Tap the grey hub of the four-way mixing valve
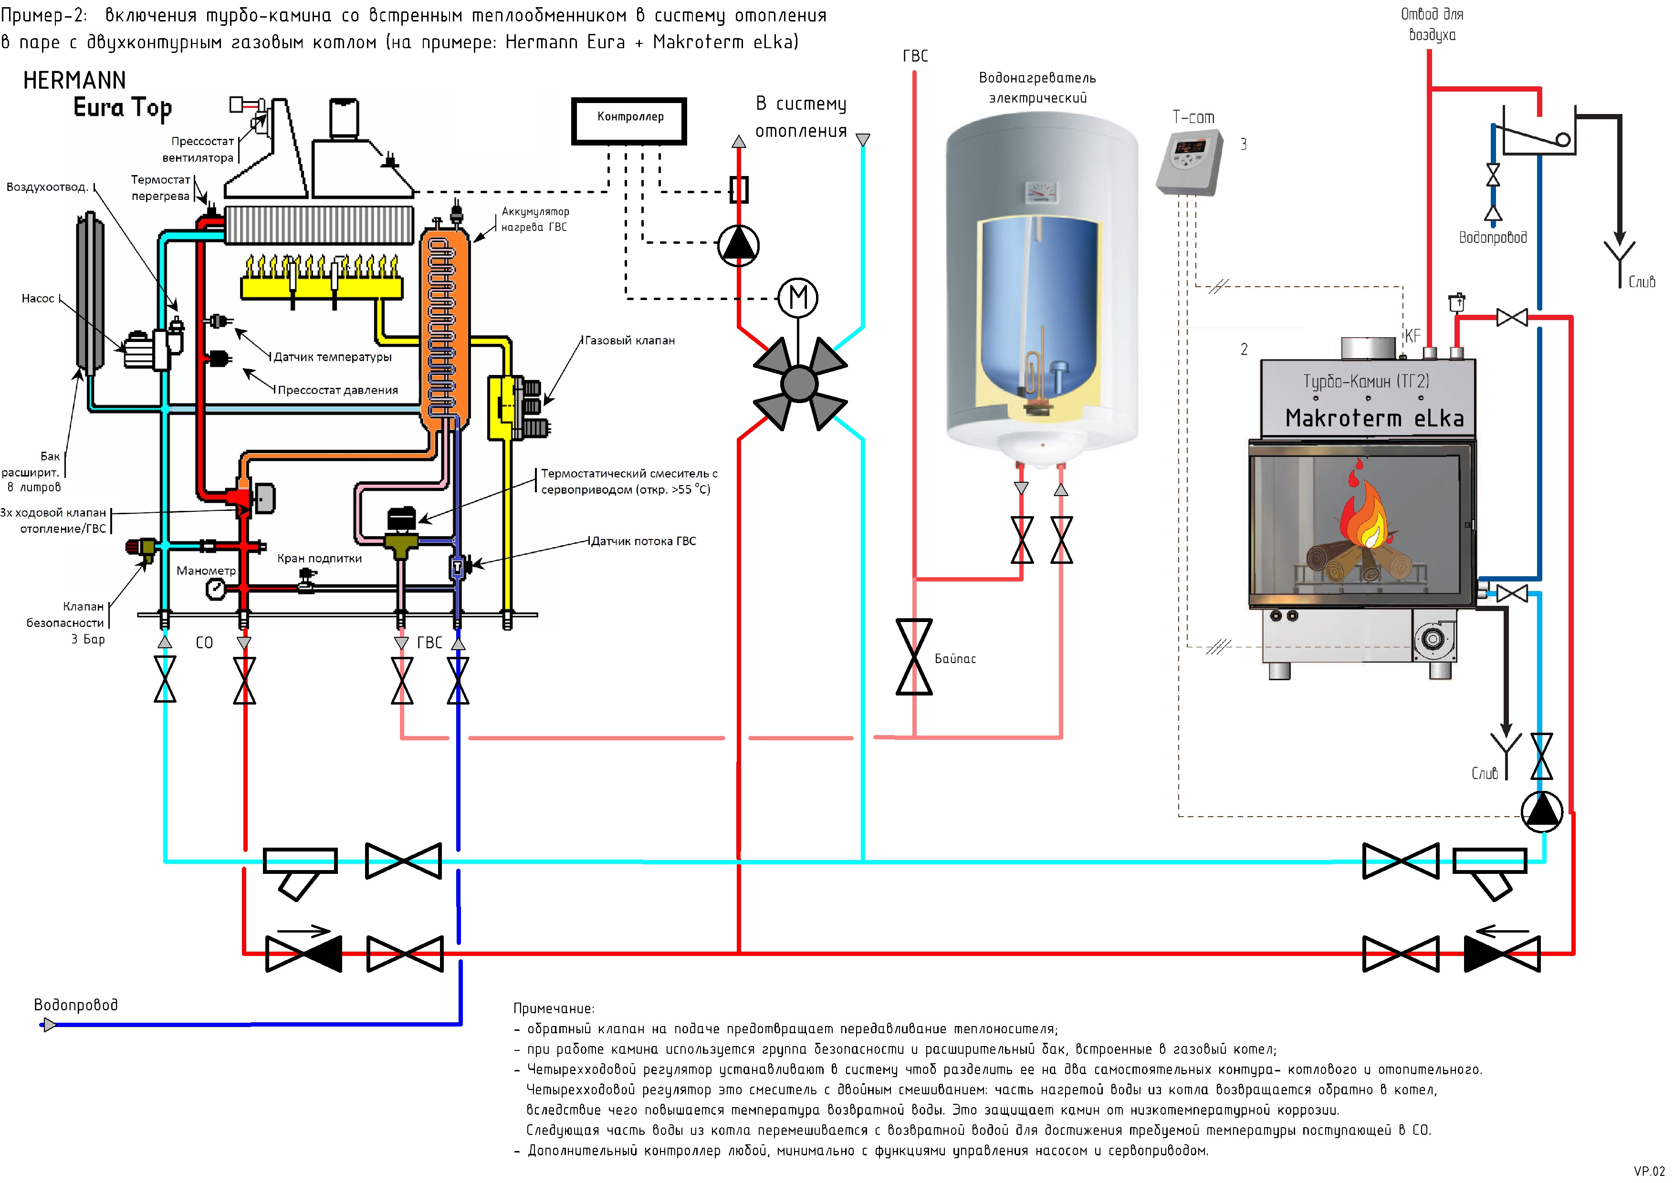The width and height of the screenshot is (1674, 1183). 800,384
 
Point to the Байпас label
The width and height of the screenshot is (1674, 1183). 955,659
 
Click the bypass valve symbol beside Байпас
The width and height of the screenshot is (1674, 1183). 914,657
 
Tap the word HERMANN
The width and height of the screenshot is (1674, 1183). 74,80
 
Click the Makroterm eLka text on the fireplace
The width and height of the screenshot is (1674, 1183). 1374,418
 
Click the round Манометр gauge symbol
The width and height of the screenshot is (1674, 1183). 216,589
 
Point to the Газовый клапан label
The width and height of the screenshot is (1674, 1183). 630,341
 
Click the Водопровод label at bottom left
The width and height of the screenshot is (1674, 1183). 76,1005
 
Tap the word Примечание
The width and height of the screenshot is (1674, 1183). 554,1009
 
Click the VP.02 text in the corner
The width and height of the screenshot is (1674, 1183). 1649,1172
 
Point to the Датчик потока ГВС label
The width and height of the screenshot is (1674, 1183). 643,541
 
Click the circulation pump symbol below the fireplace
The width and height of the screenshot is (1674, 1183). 1542,811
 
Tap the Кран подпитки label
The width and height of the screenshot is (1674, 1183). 319,558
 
